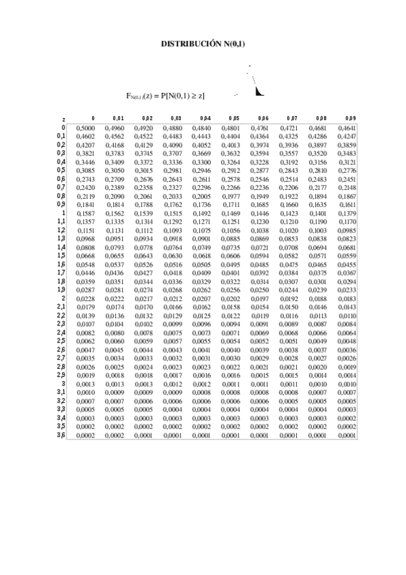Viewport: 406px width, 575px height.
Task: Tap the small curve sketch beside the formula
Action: tap(256, 85)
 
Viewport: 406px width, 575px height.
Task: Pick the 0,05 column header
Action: tap(234, 118)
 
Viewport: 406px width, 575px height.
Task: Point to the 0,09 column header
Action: tap(350, 118)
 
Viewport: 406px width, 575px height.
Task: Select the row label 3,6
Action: tap(61, 435)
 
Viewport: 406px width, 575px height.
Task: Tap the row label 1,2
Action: tap(61, 229)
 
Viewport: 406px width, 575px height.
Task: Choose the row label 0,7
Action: tap(61, 186)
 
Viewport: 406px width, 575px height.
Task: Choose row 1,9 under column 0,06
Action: tap(260, 290)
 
